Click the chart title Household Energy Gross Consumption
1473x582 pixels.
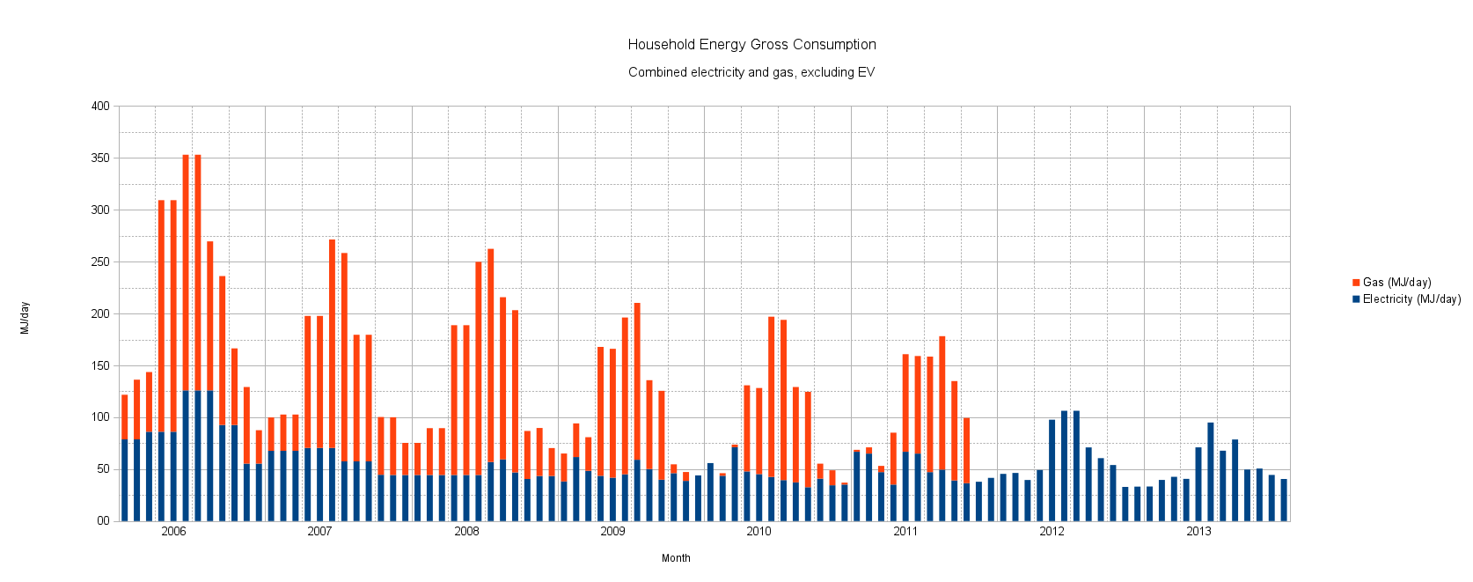(751, 45)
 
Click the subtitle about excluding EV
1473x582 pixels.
(751, 72)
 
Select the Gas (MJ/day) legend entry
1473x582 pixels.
(1396, 283)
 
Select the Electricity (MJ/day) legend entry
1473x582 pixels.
(1411, 299)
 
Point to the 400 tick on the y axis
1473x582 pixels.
(100, 107)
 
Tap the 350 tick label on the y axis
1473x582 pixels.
(100, 158)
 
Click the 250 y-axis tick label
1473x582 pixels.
(100, 262)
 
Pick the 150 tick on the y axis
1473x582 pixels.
(100, 365)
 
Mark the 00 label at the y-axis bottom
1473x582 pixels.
(103, 521)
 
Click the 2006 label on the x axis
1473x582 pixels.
(173, 532)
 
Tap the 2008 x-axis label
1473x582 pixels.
(466, 532)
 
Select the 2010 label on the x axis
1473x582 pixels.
(758, 532)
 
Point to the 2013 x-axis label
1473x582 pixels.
(1198, 532)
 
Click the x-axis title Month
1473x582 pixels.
(676, 558)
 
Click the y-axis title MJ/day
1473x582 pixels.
(26, 318)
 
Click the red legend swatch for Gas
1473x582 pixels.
(1356, 283)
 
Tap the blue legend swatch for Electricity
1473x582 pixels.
(1356, 299)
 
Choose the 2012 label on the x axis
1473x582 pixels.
(1052, 532)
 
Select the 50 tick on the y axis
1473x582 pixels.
(103, 469)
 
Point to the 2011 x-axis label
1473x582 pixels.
(905, 532)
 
